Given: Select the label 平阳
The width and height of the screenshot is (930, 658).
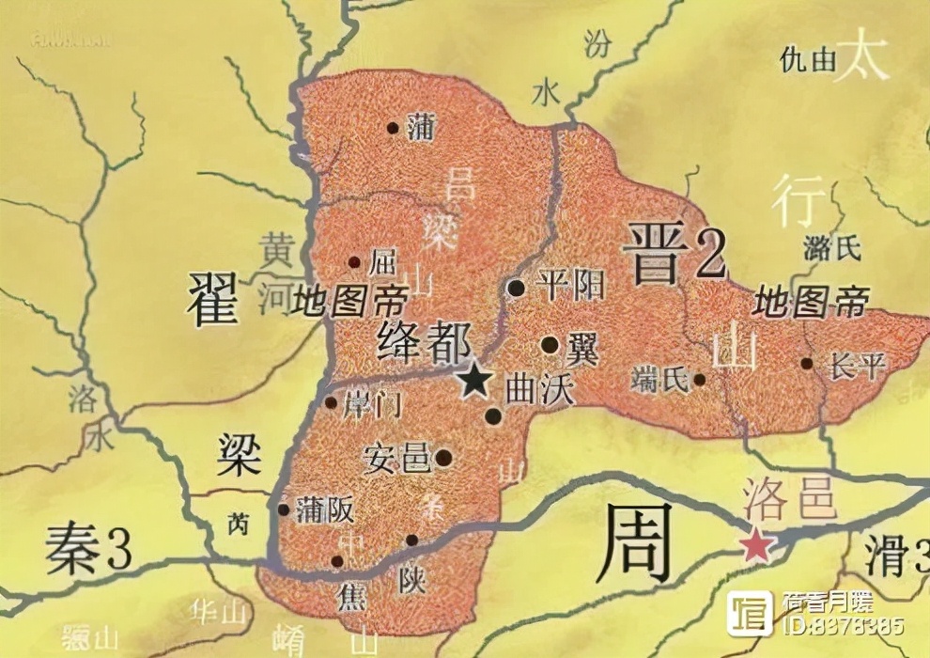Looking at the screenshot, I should click(570, 285).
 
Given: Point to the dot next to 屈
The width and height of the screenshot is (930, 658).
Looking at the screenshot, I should click(354, 263).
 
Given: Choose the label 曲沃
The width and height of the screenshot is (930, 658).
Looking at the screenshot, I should click(538, 390).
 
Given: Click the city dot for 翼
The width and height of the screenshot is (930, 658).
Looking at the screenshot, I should click(550, 345).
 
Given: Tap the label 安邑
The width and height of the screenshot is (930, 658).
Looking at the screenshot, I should click(396, 458).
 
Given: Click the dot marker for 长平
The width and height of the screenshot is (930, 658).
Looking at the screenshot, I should click(806, 363).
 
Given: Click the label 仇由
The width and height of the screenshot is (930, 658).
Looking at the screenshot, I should click(808, 61).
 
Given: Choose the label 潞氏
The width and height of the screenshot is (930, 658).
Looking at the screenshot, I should click(831, 249).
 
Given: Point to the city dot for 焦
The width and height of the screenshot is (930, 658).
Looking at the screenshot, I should click(337, 561).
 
